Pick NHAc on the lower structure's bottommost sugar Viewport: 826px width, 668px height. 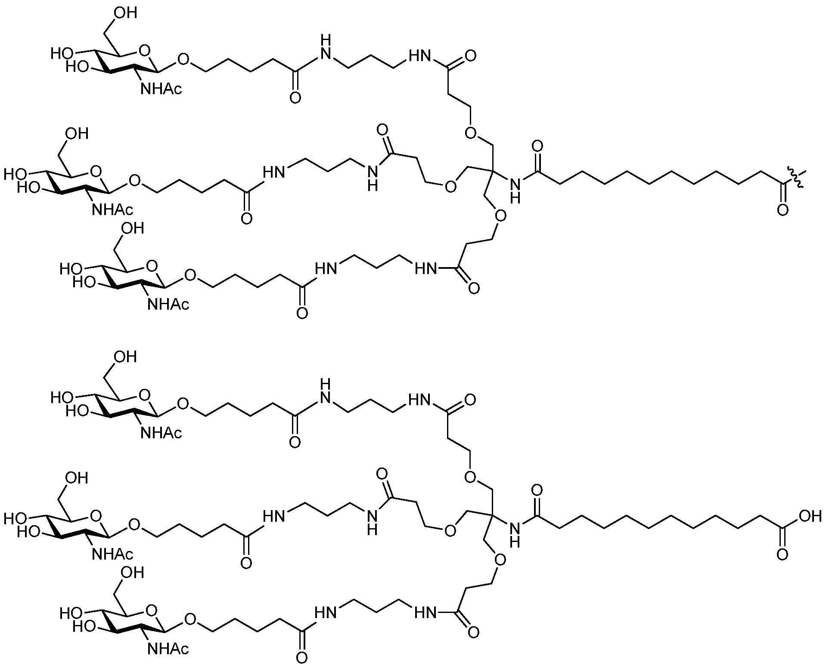pyautogui.click(x=168, y=649)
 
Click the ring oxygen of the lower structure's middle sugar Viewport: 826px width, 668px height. pyautogui.click(x=97, y=516)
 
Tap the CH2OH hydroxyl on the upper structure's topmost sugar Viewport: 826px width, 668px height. pyautogui.click(x=125, y=13)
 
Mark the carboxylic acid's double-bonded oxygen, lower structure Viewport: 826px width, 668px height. pyautogui.click(x=783, y=554)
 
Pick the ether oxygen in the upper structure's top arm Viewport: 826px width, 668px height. pyautogui.click(x=471, y=132)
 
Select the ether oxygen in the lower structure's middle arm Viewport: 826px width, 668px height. pyautogui.click(x=450, y=531)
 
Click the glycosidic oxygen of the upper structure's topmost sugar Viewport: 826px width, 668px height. pyautogui.click(x=183, y=58)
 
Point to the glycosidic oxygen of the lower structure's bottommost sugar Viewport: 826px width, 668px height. pyautogui.click(x=190, y=619)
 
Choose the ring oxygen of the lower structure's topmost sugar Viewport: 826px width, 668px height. pyautogui.click(x=146, y=394)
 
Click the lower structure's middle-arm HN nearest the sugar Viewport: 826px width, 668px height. pyautogui.click(x=274, y=516)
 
